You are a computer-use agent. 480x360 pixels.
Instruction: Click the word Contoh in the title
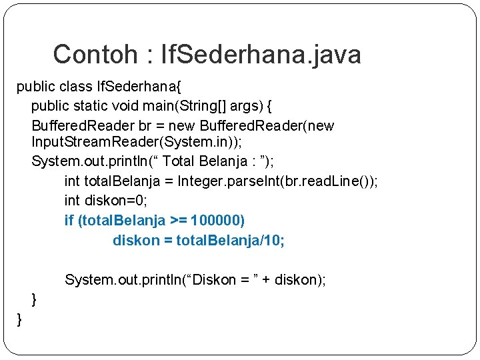pos(93,55)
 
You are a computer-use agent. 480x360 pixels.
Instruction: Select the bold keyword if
pos(69,221)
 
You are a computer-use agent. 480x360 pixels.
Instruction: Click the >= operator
pos(179,221)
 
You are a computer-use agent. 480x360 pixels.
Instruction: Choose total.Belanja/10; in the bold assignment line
pos(231,240)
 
